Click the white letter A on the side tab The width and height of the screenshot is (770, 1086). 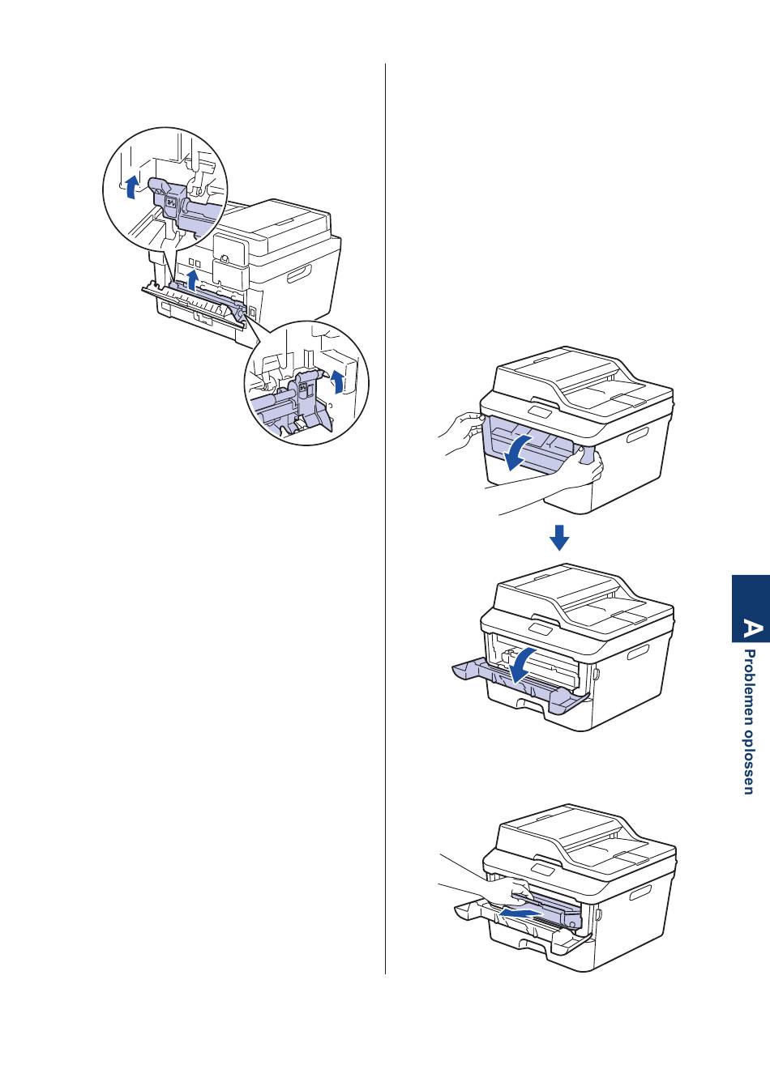(x=752, y=628)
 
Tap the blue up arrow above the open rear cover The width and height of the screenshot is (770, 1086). (x=193, y=280)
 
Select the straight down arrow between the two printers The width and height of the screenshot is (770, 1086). (x=559, y=537)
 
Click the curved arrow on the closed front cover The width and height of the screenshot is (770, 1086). (x=520, y=450)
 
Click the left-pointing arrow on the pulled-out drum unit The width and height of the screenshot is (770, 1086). (x=520, y=914)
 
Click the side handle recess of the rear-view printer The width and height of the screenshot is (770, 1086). (x=299, y=275)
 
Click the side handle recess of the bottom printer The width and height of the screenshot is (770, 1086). (x=640, y=892)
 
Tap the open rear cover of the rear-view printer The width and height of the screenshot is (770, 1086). (x=194, y=303)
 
